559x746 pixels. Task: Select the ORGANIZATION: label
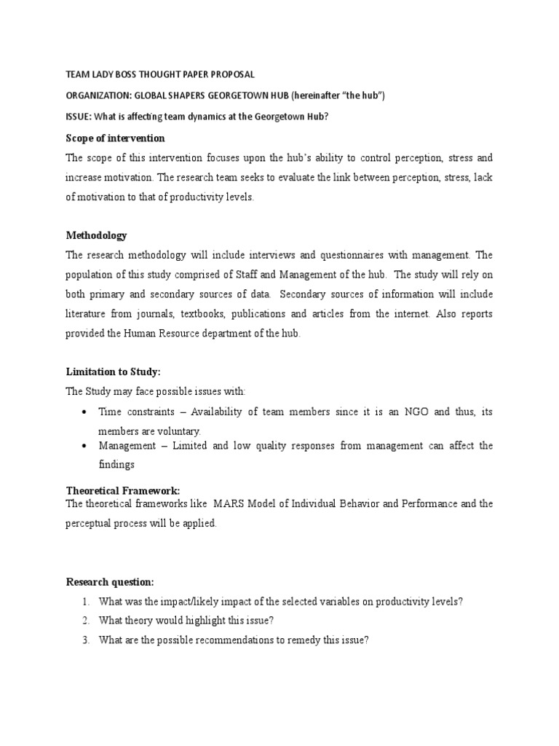(100, 96)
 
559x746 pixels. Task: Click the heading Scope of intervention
(116, 138)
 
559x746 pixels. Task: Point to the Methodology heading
(97, 235)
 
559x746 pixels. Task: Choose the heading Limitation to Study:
(113, 372)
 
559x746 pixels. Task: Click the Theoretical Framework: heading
(123, 490)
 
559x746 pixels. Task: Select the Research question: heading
(110, 581)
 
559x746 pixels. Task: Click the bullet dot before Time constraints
(87, 412)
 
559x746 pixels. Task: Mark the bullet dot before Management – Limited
(87, 446)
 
